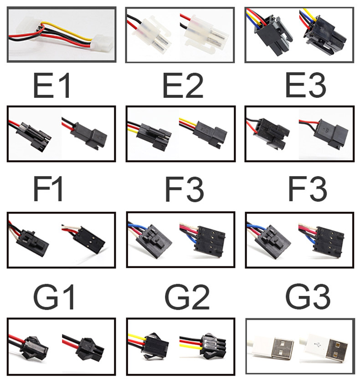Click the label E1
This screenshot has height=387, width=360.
point(51,86)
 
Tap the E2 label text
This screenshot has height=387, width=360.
point(183,86)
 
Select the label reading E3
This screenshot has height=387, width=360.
point(306,85)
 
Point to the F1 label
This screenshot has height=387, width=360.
point(47,189)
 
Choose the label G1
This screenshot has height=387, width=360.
point(54,297)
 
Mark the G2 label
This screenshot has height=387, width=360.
point(187,297)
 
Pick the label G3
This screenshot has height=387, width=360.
point(308,297)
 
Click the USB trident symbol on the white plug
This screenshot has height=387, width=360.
point(317,343)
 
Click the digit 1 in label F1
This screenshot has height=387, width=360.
point(57,189)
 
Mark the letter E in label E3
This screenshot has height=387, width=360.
point(294,85)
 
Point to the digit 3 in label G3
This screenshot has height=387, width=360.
point(320,297)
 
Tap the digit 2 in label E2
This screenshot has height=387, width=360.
point(194,86)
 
